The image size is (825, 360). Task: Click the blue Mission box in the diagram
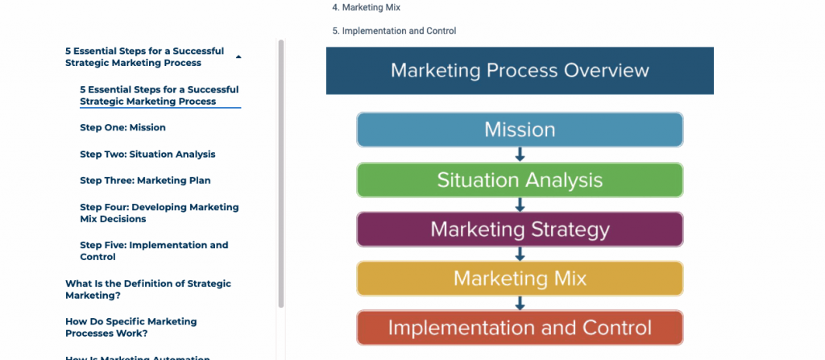(520, 130)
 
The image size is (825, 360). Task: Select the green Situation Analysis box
(520, 180)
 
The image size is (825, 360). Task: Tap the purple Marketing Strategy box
(520, 230)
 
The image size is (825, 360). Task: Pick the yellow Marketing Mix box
(520, 279)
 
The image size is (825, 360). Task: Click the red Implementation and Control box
(520, 327)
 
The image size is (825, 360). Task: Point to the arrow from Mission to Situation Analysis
(520, 155)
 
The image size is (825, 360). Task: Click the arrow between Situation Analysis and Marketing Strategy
(520, 205)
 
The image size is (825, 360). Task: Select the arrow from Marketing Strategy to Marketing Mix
(520, 254)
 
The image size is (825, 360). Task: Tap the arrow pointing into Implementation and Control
(520, 303)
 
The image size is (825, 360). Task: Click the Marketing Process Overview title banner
(520, 71)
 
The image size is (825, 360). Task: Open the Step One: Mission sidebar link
(122, 127)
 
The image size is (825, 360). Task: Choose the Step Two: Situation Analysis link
(147, 154)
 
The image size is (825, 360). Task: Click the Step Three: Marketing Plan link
(145, 180)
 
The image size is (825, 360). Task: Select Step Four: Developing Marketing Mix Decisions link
(160, 213)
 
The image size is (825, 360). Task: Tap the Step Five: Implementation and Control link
(154, 251)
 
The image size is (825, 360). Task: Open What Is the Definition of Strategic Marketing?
(148, 289)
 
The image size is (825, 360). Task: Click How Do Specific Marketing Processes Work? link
(131, 327)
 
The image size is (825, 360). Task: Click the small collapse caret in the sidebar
(238, 56)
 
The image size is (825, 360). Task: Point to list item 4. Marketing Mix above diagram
(367, 7)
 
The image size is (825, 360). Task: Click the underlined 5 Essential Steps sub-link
(160, 95)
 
